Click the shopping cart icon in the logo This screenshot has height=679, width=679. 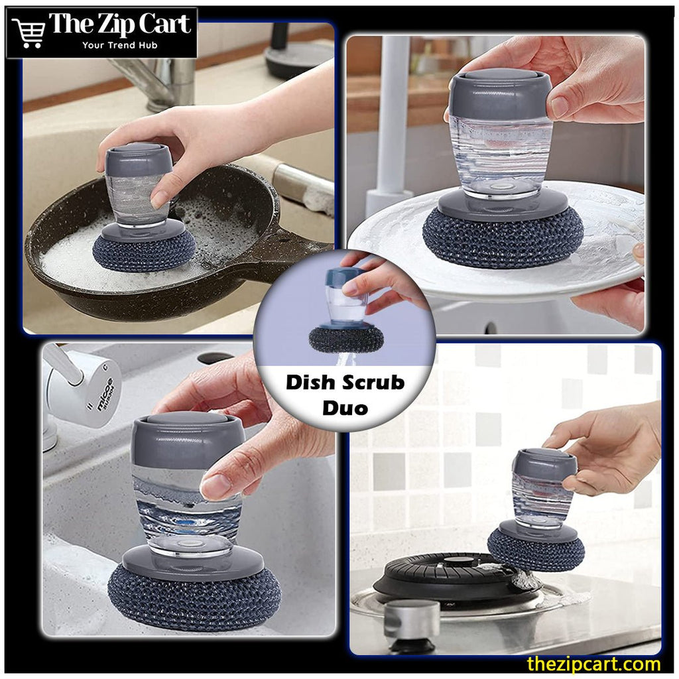tap(29, 32)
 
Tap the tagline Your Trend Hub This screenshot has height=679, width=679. tap(119, 45)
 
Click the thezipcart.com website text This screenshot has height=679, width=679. tap(593, 663)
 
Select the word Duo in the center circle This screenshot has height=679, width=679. tap(345, 408)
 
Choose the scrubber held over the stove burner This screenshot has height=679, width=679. tap(536, 550)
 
